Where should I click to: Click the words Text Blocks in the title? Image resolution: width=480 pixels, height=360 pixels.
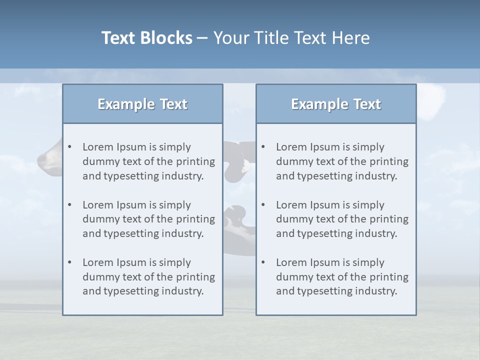tap(146, 38)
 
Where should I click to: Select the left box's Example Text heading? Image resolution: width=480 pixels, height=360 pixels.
tap(142, 104)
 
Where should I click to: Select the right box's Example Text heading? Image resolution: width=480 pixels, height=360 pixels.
tap(336, 104)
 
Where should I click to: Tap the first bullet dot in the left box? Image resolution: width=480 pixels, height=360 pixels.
tap(69, 147)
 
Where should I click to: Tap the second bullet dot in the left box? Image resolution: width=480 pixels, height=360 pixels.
tap(69, 205)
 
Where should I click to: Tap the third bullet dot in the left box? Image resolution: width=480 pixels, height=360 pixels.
tap(69, 262)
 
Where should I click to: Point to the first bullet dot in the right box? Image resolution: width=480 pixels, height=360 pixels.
tap(263, 147)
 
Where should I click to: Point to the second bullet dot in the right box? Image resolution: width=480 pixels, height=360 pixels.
tap(263, 205)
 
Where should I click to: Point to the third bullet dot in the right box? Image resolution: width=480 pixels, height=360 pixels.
tap(263, 262)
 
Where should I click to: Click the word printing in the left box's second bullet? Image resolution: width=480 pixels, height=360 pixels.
tap(195, 219)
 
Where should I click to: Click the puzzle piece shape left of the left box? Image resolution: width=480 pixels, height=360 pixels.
tap(49, 159)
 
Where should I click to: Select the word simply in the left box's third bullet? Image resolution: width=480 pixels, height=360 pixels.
tap(175, 262)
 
